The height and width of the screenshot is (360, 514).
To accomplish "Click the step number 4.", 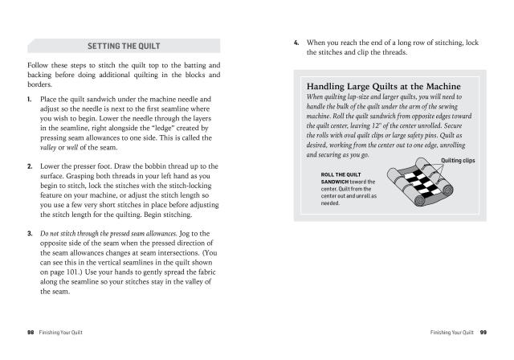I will pos(297,40).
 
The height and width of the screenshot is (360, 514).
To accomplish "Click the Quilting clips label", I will pos(459,160).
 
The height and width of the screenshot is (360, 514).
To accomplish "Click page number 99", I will pos(483,331).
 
